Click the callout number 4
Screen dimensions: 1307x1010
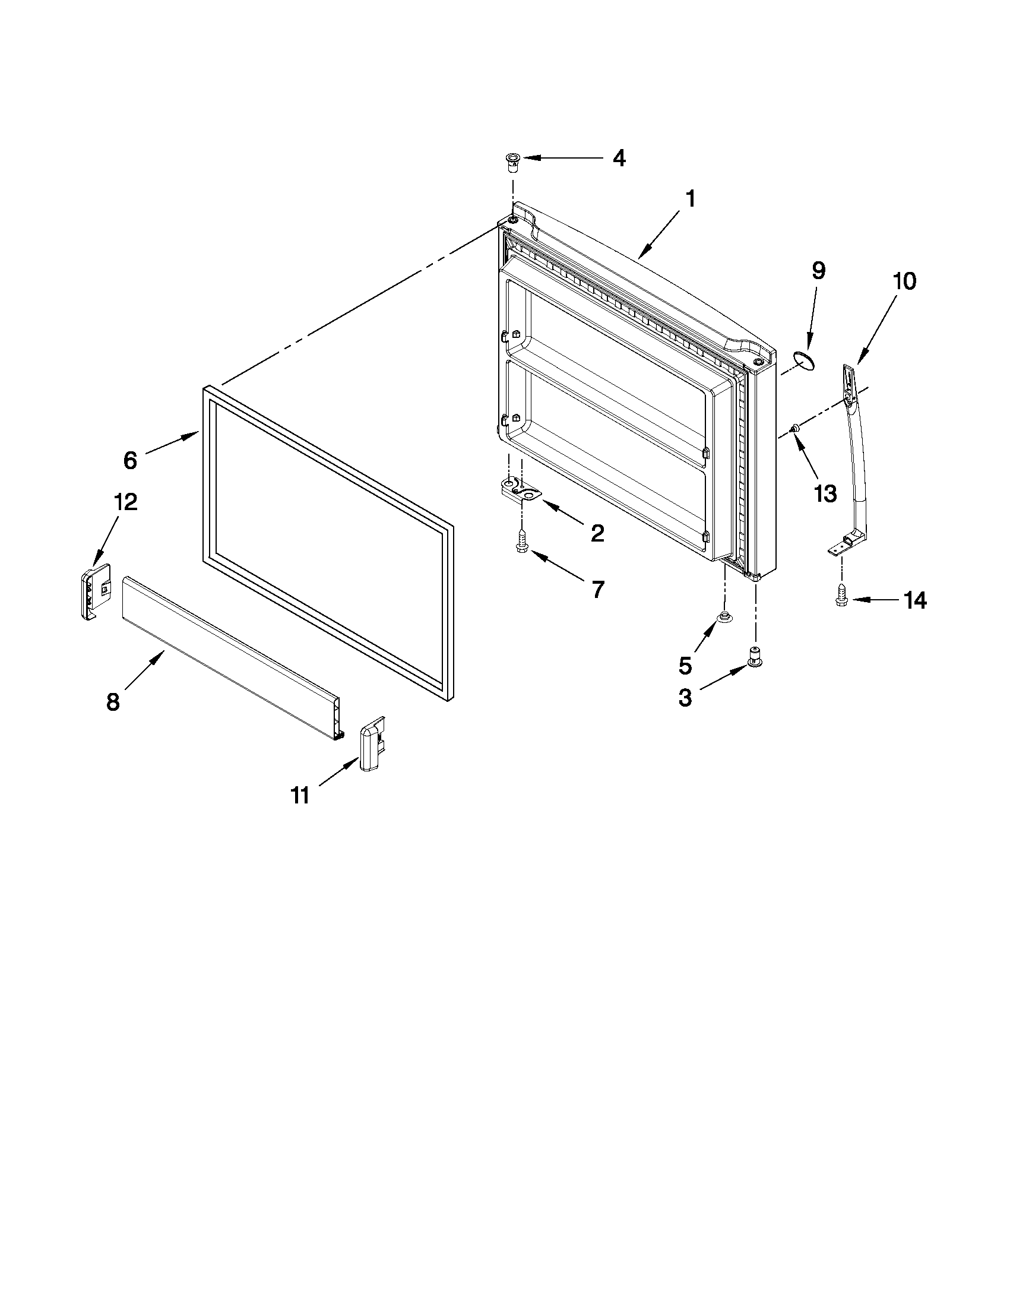[x=619, y=159]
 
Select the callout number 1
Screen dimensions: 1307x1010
[x=691, y=200]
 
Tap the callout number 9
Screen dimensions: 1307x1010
[x=818, y=271]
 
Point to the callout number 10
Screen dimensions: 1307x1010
[x=904, y=281]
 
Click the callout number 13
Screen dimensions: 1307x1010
[x=825, y=493]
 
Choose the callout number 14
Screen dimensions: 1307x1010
[x=915, y=600]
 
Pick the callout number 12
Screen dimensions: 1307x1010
[x=126, y=502]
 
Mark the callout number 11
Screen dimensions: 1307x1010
[x=300, y=795]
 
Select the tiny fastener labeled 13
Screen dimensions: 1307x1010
[x=796, y=428]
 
